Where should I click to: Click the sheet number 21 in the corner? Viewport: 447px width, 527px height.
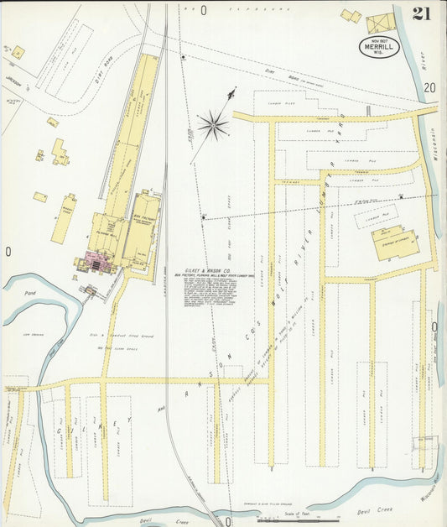(422, 14)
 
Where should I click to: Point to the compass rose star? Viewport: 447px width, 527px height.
(213, 127)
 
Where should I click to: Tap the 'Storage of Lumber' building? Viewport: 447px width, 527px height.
(390, 243)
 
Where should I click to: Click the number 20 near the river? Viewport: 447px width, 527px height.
(429, 88)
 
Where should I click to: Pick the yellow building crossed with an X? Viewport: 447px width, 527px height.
(380, 23)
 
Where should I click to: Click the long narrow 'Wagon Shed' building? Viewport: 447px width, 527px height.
(64, 219)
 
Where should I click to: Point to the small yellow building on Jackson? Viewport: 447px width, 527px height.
(18, 52)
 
